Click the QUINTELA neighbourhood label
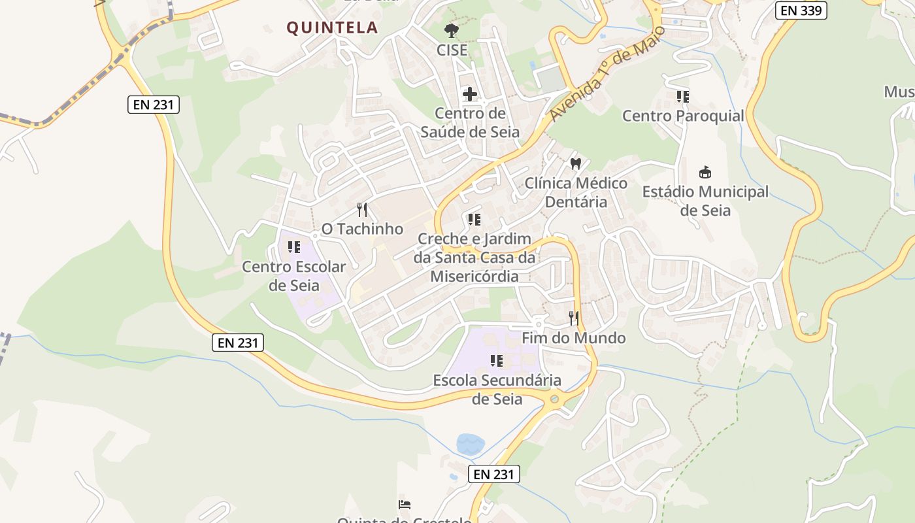click(x=332, y=27)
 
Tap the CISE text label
click(x=452, y=50)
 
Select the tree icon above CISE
click(x=451, y=30)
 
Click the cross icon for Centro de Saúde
click(x=469, y=94)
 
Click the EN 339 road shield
click(x=801, y=10)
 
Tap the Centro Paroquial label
click(x=683, y=116)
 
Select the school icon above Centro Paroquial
click(x=682, y=97)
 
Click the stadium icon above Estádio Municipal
click(x=705, y=173)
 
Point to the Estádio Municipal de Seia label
click(x=705, y=201)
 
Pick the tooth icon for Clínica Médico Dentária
click(x=575, y=163)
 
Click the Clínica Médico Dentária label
click(x=576, y=192)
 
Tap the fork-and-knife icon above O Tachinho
click(x=362, y=210)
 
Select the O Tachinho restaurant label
click(x=362, y=229)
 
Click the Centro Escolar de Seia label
click(x=294, y=276)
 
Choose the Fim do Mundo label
click(x=573, y=338)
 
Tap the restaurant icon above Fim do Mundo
click(x=573, y=318)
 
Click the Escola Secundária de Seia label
click(x=497, y=389)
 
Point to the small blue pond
click(x=471, y=444)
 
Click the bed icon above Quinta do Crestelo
click(x=405, y=505)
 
